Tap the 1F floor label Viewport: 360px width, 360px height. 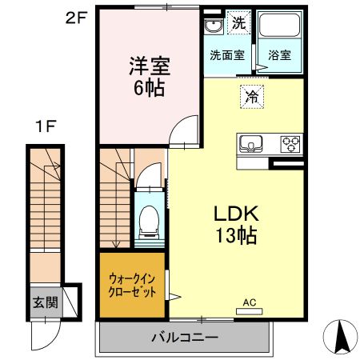[x=45, y=126]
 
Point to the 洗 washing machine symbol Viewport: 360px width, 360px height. [x=238, y=23]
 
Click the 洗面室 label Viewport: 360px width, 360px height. [x=226, y=56]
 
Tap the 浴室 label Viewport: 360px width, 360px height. [x=279, y=56]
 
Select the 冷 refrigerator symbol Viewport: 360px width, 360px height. [x=250, y=97]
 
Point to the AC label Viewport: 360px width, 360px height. [x=249, y=302]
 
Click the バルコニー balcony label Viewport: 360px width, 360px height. [x=185, y=338]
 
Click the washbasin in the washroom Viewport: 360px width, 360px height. [x=213, y=26]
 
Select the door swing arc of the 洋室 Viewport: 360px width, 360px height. [x=186, y=129]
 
